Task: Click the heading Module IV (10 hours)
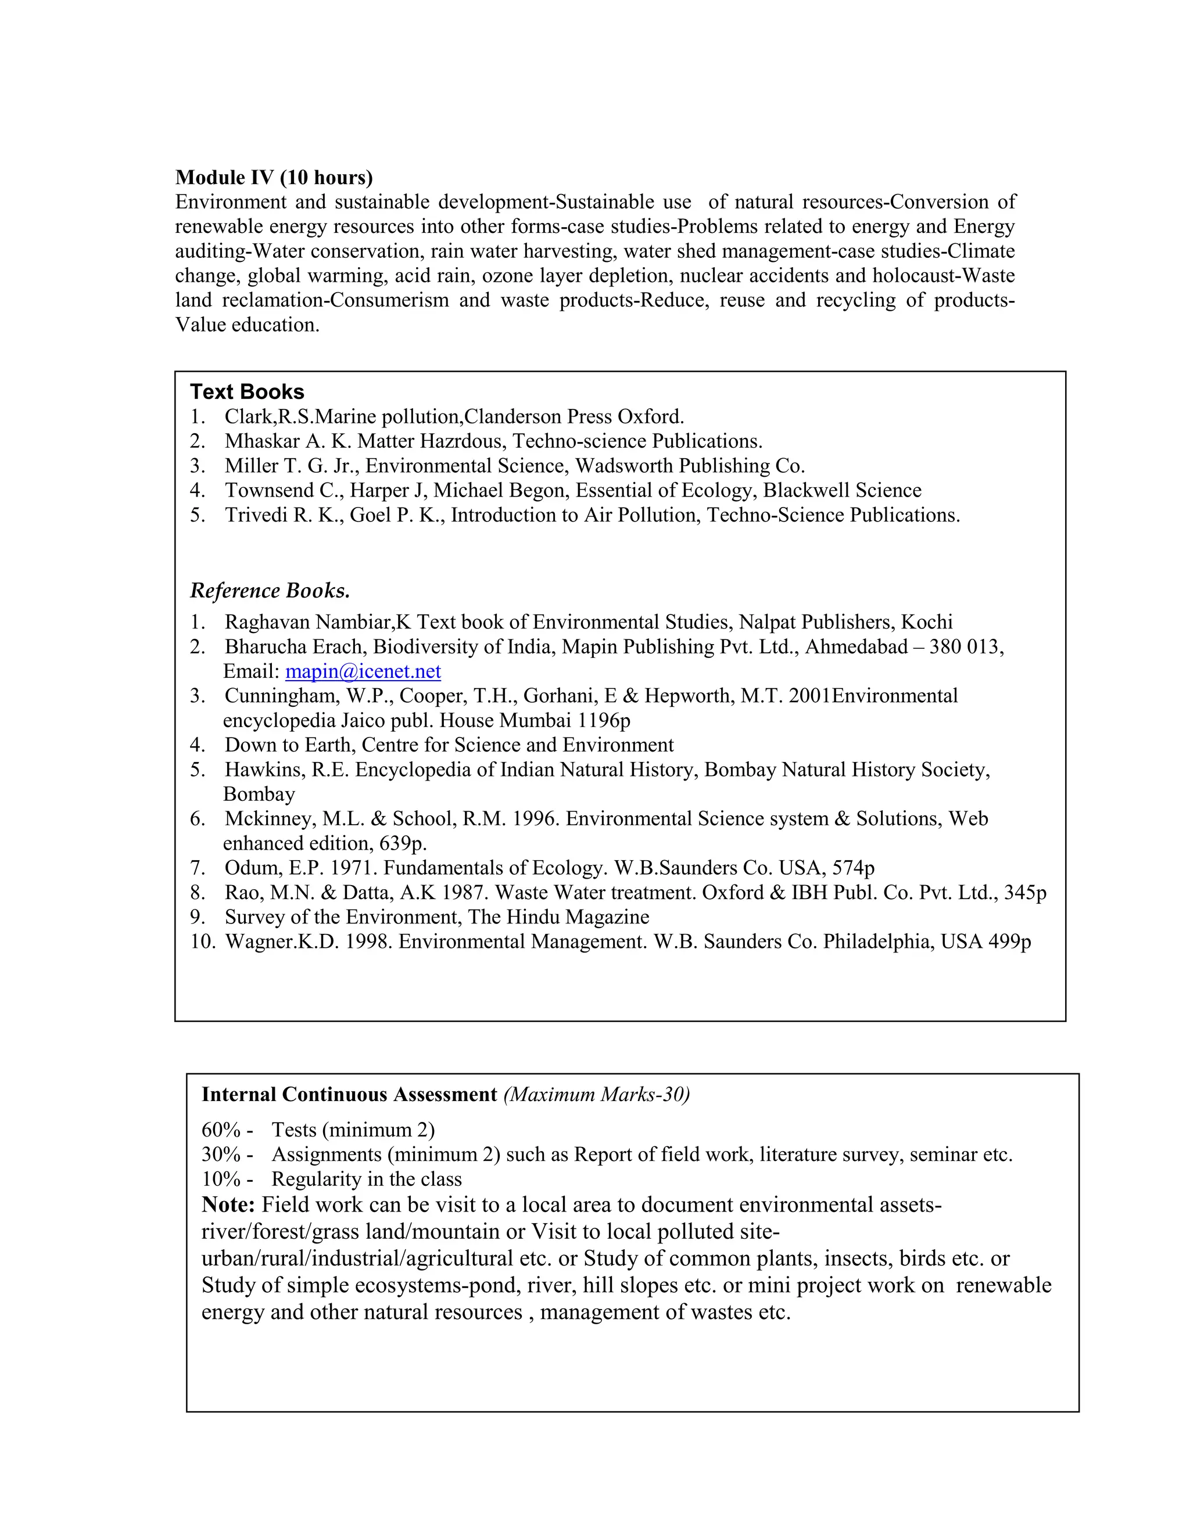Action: pos(274,177)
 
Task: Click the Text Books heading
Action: pos(247,392)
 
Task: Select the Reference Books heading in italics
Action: pos(270,591)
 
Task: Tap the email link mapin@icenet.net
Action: pos(363,671)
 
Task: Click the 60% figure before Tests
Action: pos(221,1130)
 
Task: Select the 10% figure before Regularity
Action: pos(221,1180)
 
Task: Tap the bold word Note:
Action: pos(228,1205)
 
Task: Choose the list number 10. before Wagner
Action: pos(202,942)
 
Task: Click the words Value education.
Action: pos(247,325)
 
